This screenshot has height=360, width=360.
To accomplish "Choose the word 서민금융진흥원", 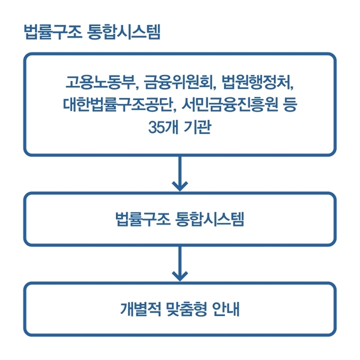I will (226, 105).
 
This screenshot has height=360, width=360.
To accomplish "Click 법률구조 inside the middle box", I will (141, 219).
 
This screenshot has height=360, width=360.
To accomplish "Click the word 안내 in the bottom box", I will (227, 309).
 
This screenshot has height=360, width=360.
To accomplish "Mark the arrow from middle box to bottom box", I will (180, 263).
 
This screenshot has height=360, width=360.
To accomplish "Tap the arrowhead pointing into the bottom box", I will (180, 275).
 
